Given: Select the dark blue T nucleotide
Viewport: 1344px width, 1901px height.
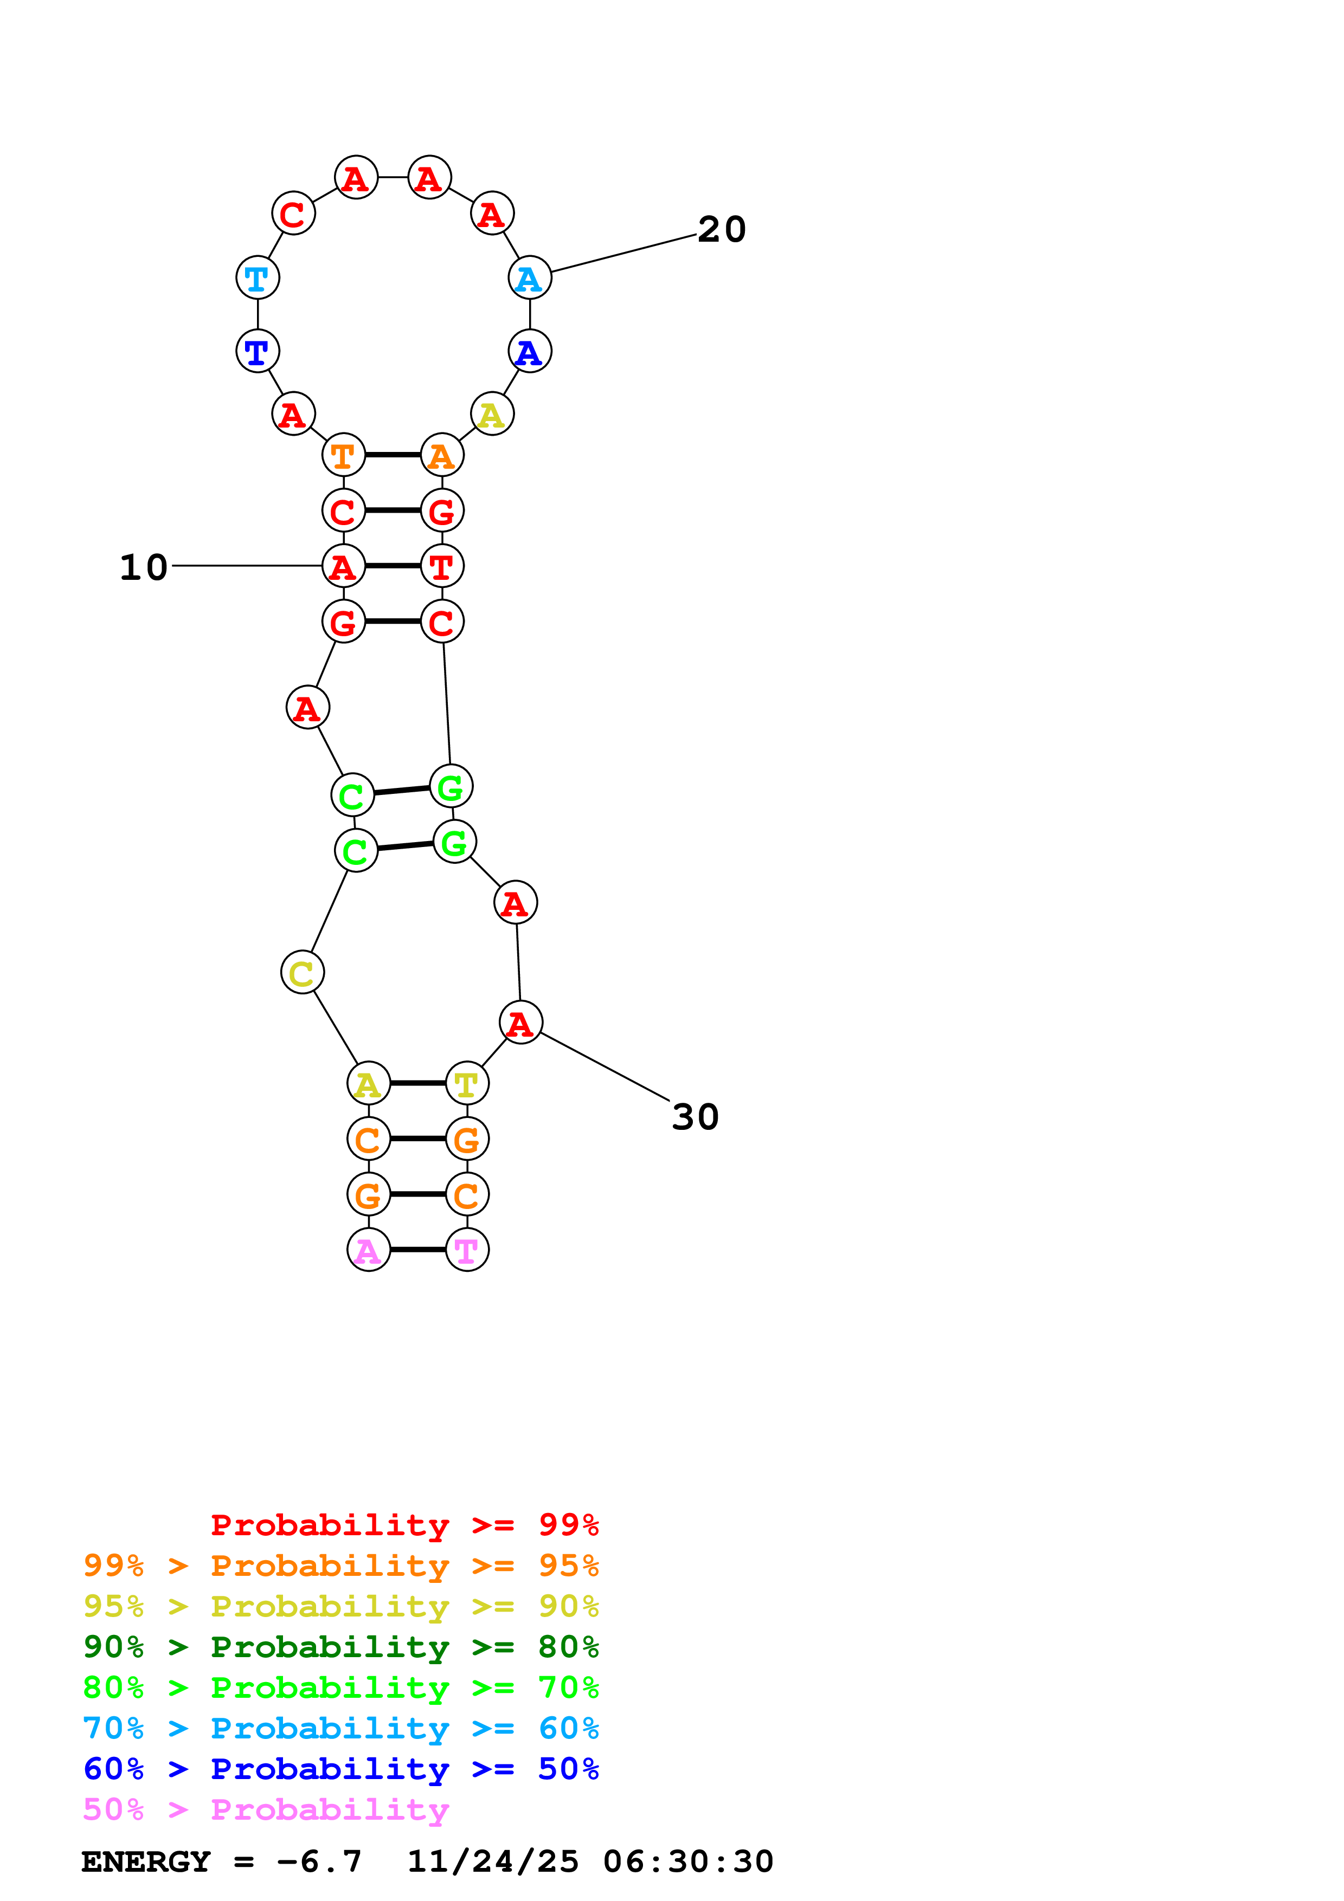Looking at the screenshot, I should (x=258, y=351).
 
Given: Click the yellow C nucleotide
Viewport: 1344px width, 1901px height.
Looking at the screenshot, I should (x=303, y=972).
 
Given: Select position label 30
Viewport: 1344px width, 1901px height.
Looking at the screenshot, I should (x=696, y=1117).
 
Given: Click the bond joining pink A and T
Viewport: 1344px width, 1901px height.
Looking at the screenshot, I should (x=418, y=1250).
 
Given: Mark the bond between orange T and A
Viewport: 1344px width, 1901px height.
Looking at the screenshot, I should (x=393, y=455).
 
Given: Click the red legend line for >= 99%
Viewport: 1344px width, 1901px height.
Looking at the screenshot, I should (x=405, y=1524).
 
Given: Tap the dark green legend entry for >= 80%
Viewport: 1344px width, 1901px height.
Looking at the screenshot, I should (x=341, y=1647).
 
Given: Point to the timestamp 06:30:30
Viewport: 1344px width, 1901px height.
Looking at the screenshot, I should (x=688, y=1861).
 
